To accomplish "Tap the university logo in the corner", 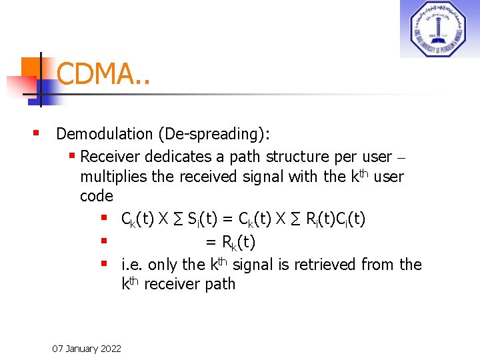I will tap(439, 29).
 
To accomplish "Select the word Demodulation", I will tap(105, 134).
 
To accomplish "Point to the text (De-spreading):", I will tap(214, 134).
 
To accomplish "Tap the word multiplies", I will tap(113, 177).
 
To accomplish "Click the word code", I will tap(97, 196).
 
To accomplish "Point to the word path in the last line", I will tap(221, 284).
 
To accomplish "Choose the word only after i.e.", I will tap(163, 265).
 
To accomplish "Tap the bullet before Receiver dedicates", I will tap(73, 157).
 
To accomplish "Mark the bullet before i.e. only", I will tap(105, 264).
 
